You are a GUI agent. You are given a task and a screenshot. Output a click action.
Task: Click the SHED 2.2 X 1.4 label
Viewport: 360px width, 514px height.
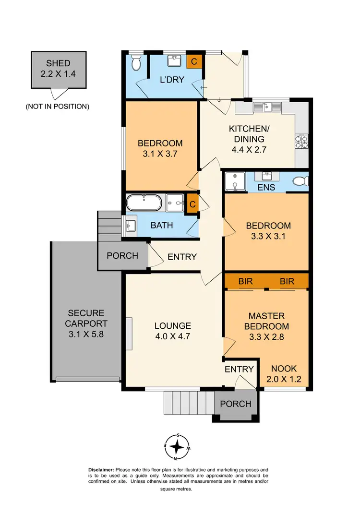click(58, 69)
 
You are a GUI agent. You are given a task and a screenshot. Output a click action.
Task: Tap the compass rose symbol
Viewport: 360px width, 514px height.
click(178, 446)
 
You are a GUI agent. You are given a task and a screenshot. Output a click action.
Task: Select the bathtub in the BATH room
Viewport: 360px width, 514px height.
click(144, 203)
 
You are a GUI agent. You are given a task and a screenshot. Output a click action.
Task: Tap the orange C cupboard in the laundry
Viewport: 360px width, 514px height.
click(194, 62)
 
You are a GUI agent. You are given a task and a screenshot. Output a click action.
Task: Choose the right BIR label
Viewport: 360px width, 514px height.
click(287, 281)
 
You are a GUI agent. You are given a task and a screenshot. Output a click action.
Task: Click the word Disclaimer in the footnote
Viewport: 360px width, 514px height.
click(101, 470)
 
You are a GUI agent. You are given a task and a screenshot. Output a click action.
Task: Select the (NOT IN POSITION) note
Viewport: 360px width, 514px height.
click(58, 107)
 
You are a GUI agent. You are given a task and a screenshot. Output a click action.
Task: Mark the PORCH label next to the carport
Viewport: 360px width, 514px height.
click(122, 256)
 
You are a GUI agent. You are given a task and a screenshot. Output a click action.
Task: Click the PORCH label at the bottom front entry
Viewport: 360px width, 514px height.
click(235, 404)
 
